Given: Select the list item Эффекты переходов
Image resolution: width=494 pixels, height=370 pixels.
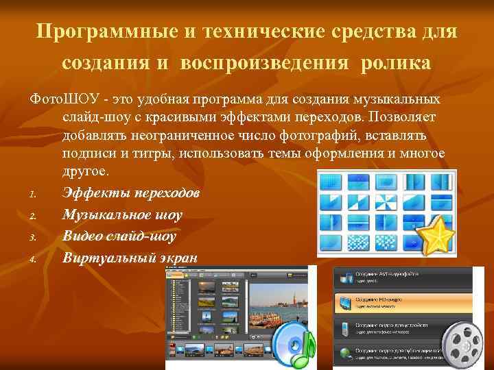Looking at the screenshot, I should point(130,193).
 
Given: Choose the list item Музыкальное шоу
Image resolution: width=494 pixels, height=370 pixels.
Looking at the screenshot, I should point(122,214).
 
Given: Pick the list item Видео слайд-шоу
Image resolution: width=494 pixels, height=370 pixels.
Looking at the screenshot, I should point(119,236).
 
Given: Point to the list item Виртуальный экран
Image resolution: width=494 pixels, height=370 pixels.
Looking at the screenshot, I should point(130,258).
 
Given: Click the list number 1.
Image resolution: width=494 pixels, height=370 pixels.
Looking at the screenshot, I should point(32,195).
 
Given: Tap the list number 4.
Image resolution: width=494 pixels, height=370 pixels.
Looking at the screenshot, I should point(33,260).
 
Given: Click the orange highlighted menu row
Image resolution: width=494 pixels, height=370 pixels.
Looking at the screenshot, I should point(402,303).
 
